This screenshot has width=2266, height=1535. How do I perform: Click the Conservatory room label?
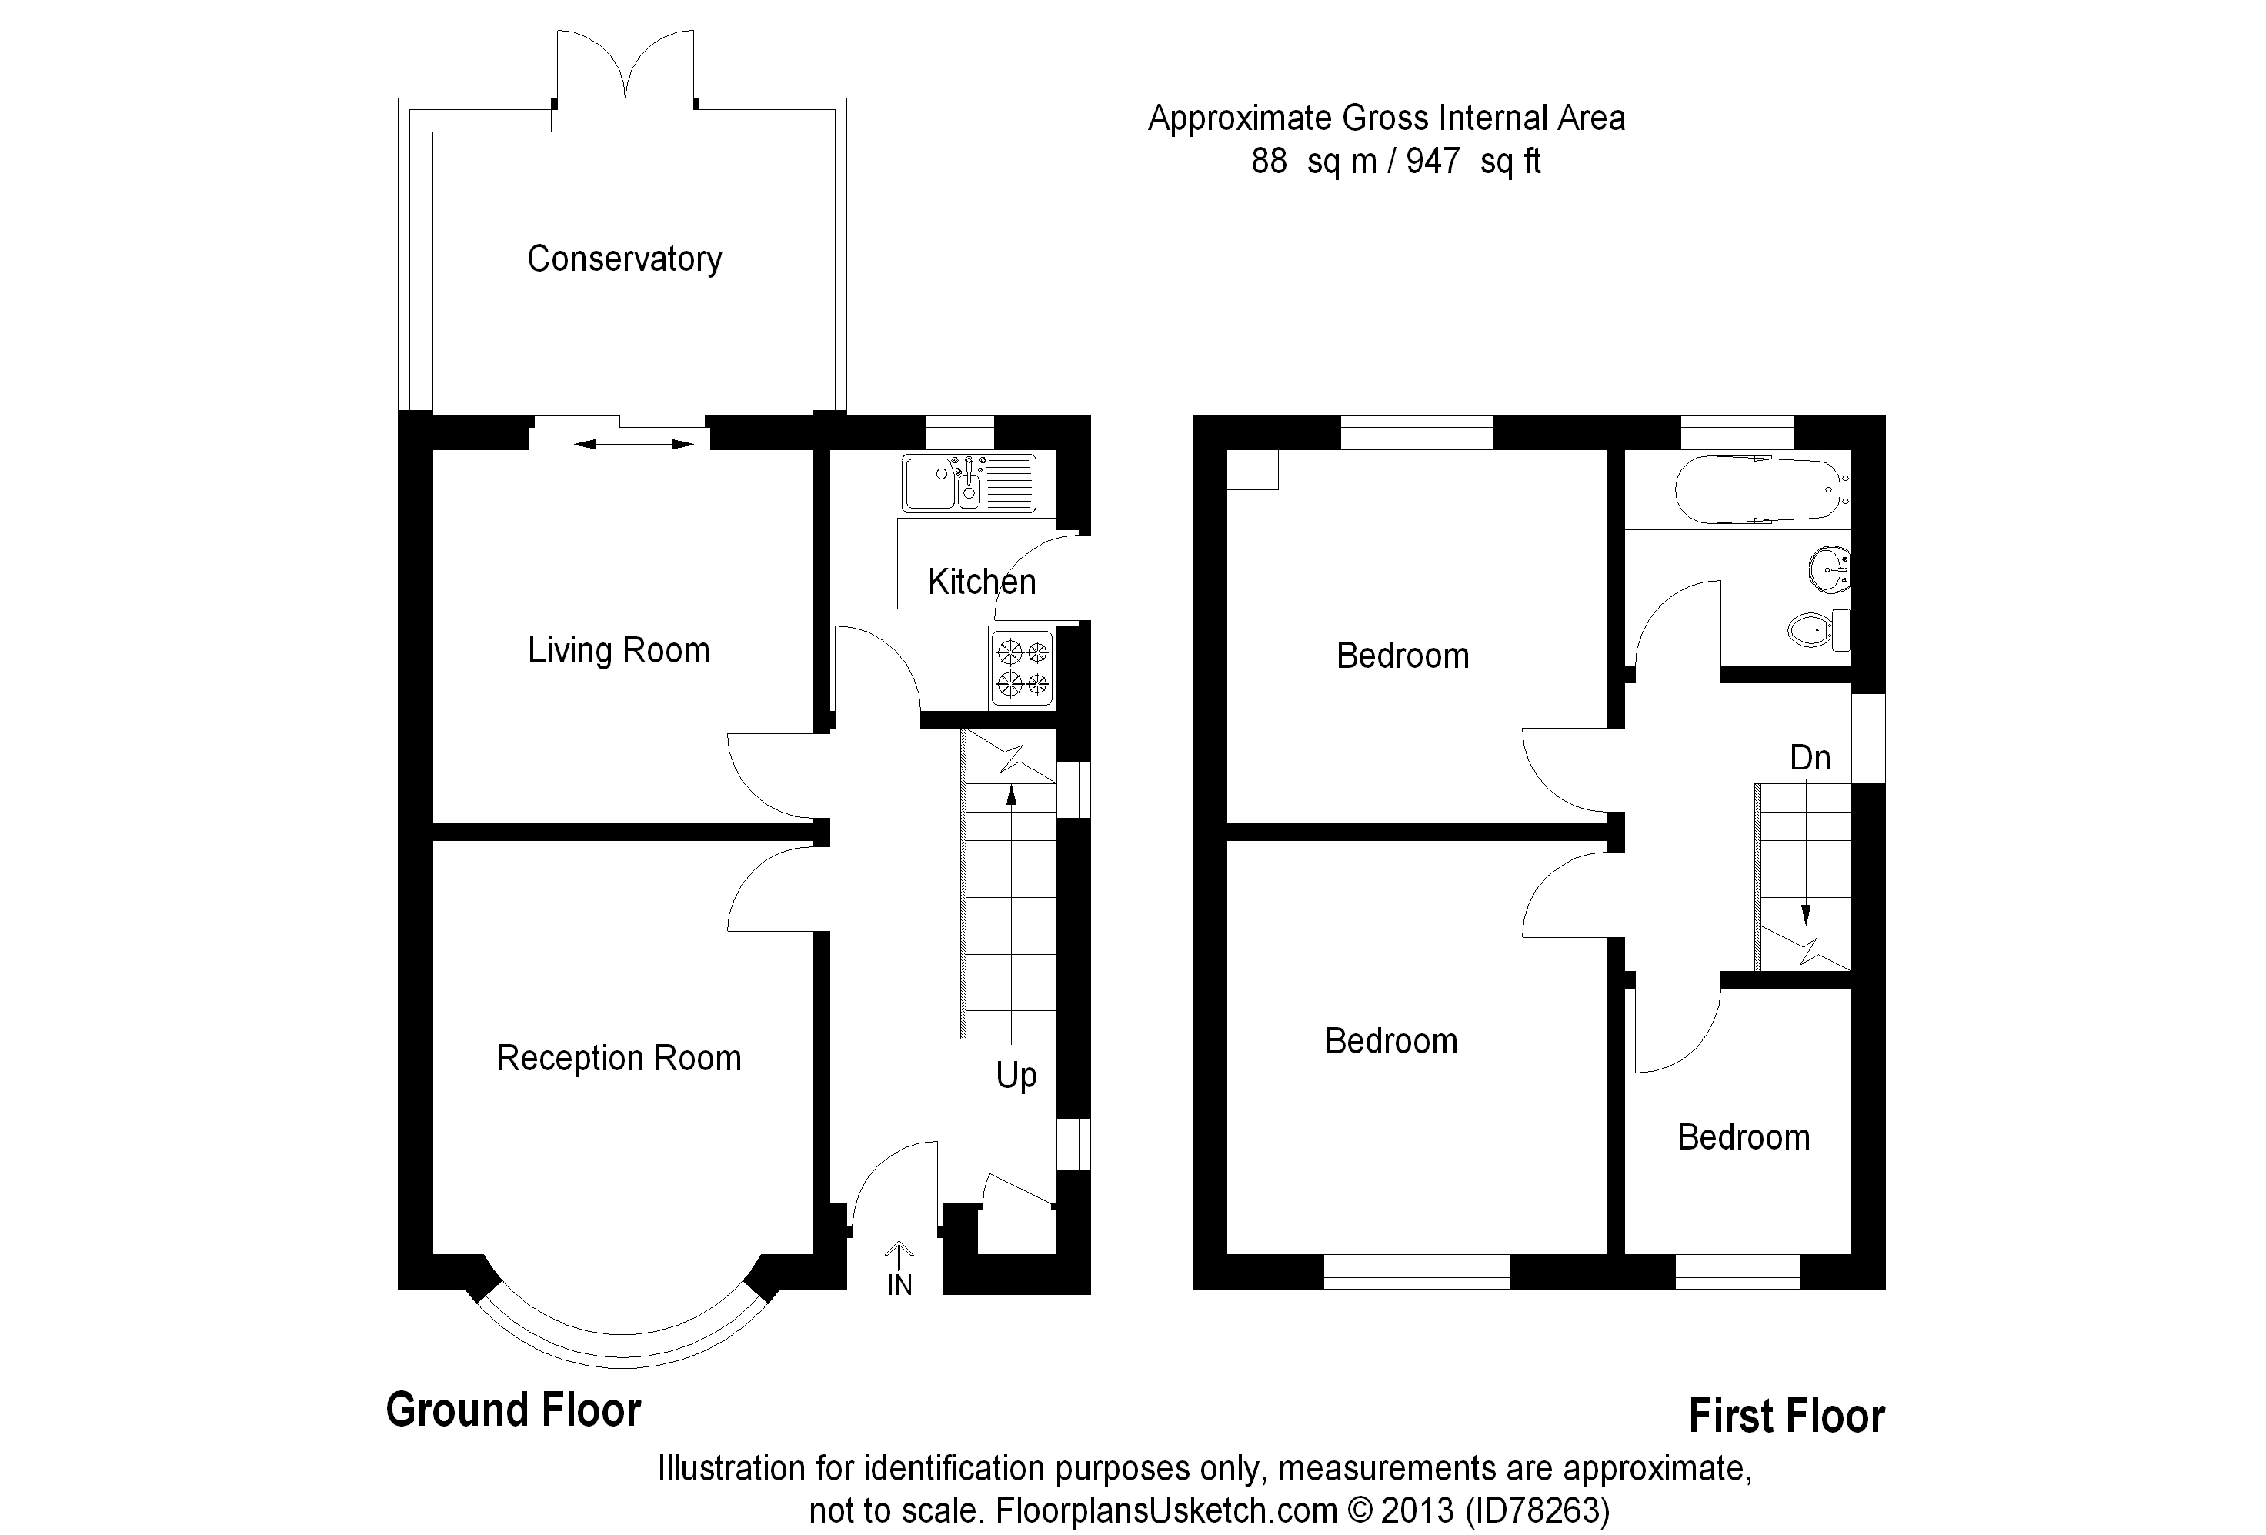(x=624, y=259)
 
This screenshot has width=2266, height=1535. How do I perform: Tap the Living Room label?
(x=618, y=650)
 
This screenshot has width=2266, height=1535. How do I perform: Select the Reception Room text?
(x=618, y=1058)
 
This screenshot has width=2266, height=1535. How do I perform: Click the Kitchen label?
(x=981, y=582)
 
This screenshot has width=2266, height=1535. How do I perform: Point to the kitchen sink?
(x=969, y=482)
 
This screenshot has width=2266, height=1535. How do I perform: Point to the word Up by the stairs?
(x=1016, y=1076)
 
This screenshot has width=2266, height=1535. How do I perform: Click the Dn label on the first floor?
(x=1810, y=758)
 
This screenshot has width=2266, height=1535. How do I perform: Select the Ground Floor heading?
(x=514, y=1410)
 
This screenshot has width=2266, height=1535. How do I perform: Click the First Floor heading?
(x=1787, y=1416)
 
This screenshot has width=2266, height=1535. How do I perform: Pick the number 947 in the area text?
(x=1433, y=161)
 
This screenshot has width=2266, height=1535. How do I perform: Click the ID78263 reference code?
(x=1537, y=1510)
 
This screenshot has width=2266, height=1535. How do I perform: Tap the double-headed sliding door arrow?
(x=634, y=445)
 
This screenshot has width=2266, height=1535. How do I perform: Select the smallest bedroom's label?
(x=1744, y=1138)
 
